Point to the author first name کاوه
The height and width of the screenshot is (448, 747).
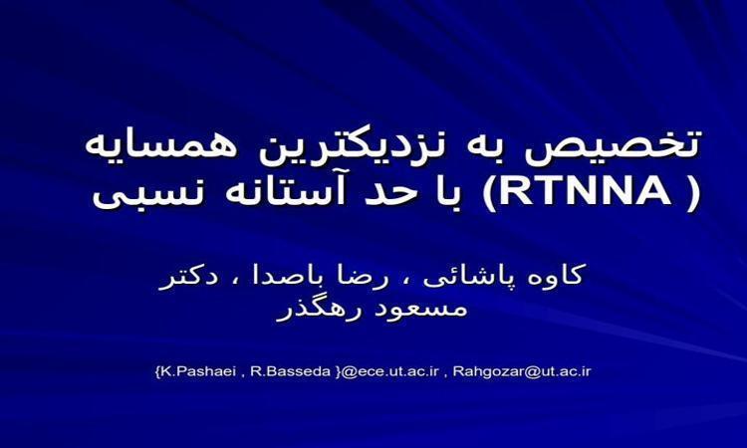click(558, 275)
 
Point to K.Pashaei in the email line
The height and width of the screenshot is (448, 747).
click(198, 371)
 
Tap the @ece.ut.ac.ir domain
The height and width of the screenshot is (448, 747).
click(389, 371)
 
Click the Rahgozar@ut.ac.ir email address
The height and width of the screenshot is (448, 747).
click(522, 371)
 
